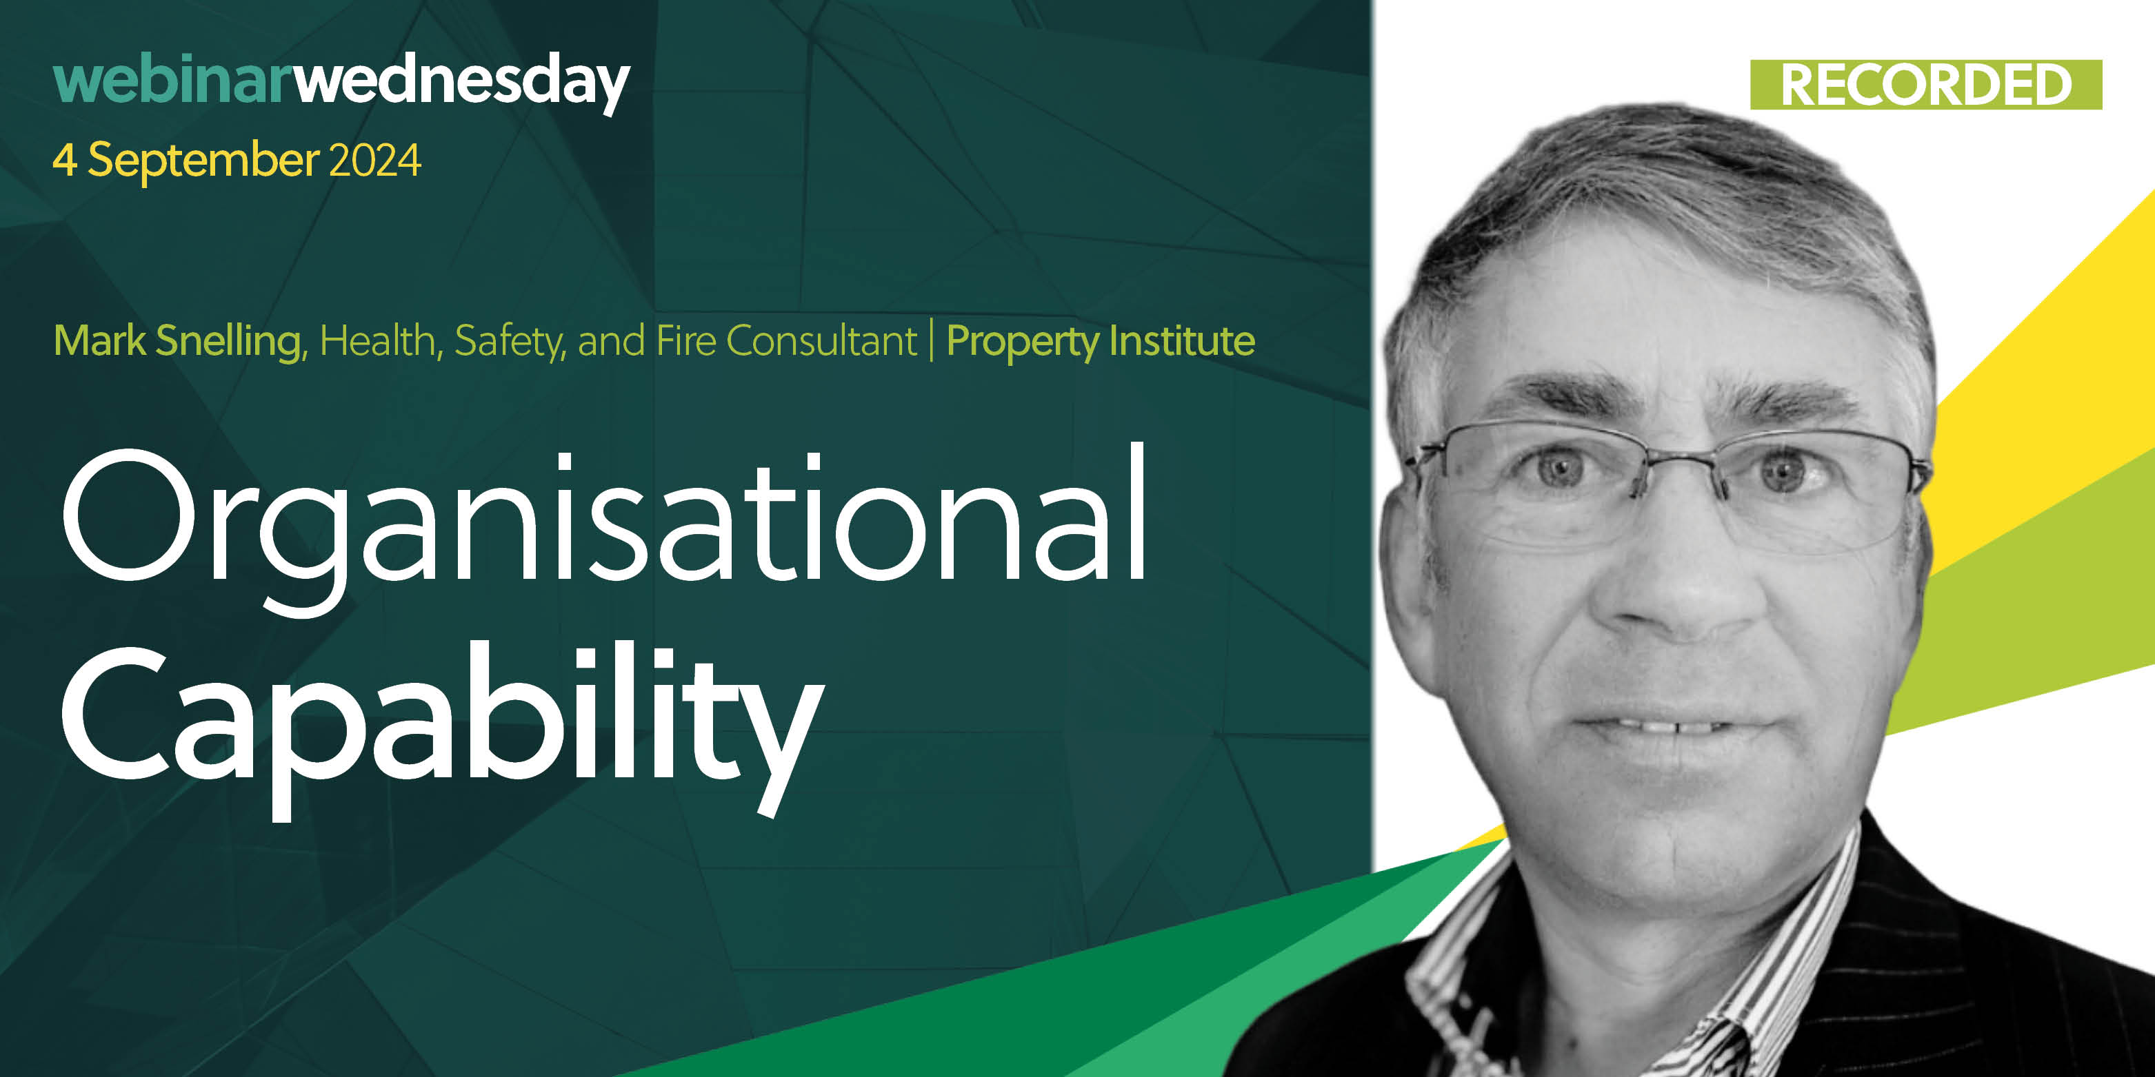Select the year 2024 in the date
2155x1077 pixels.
tap(374, 160)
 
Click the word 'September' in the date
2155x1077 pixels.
tap(203, 161)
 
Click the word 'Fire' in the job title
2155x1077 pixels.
tap(686, 340)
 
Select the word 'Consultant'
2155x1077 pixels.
tap(821, 340)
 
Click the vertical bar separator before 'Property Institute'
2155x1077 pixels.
tap(932, 340)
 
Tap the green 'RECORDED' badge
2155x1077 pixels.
tap(1926, 85)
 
